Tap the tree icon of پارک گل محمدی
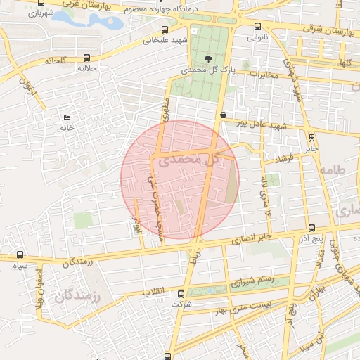tap(207, 59)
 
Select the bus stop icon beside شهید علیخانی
tap(165, 30)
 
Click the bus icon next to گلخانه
tap(86, 59)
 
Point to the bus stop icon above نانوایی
tap(257, 27)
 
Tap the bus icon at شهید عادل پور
tap(223, 115)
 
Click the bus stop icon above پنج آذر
tap(311, 228)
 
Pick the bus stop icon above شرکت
tap(181, 294)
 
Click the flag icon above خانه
tap(67, 117)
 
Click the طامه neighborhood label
tap(333, 170)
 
